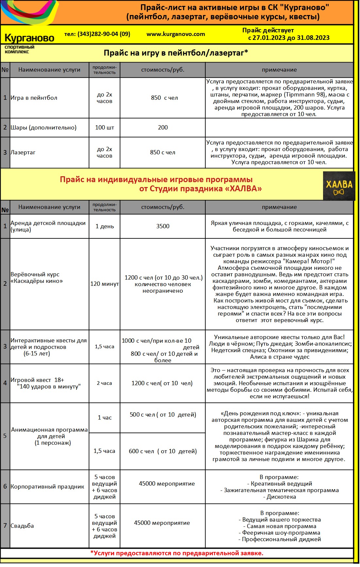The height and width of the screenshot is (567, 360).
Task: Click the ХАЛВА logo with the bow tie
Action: pyautogui.click(x=339, y=186)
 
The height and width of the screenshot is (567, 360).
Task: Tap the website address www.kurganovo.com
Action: pyautogui.click(x=176, y=34)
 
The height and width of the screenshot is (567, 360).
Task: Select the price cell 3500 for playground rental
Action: pyautogui.click(x=163, y=226)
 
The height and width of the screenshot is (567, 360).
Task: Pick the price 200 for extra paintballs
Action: pyautogui.click(x=163, y=128)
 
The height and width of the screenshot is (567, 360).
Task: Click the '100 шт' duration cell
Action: pyautogui.click(x=105, y=128)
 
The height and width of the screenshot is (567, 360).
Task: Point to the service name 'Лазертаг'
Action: pyautogui.click(x=23, y=152)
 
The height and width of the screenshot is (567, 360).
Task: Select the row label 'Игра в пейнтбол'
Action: pyautogui.click(x=34, y=98)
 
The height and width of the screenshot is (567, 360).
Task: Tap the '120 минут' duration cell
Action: pyautogui.click(x=105, y=284)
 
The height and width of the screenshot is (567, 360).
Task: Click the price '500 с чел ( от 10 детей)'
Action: pyautogui.click(x=163, y=415)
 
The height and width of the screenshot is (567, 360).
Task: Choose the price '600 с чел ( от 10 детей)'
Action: pyautogui.click(x=163, y=451)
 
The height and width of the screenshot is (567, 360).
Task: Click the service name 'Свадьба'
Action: pyautogui.click(x=22, y=526)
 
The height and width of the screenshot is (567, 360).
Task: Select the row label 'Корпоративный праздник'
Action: pyautogui.click(x=47, y=487)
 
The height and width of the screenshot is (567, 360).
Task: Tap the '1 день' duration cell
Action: pyautogui.click(x=105, y=226)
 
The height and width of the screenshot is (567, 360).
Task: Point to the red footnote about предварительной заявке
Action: pyautogui.click(x=177, y=553)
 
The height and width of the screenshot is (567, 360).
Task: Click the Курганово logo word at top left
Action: pyautogui.click(x=29, y=38)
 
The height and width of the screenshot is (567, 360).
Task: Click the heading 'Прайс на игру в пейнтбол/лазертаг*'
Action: pyautogui.click(x=176, y=53)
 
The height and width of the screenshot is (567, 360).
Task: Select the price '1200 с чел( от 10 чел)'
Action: pyautogui.click(x=162, y=383)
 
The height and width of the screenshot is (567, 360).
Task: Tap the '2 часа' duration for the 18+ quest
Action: pyautogui.click(x=104, y=383)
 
